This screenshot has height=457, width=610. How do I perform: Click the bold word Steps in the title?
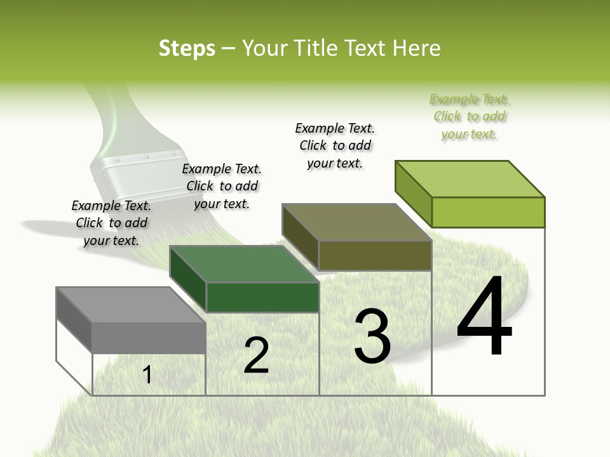186,48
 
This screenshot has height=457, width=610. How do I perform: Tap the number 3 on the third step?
372,336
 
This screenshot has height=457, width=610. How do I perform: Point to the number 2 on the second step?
256,355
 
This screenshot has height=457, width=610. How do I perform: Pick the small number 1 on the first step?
147,374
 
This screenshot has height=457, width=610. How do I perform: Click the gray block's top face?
130,305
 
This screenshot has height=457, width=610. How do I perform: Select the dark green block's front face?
262,297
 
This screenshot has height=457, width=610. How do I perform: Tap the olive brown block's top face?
356,222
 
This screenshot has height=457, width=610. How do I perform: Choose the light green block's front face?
488,212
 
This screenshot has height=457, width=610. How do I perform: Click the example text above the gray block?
111,223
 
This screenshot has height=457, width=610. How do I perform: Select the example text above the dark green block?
222,186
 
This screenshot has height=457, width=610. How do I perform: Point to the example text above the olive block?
335,145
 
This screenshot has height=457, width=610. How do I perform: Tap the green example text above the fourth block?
470,116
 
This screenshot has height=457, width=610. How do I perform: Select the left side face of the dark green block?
187,279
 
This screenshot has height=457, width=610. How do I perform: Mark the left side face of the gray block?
74,321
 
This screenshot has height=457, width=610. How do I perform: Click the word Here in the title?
417,48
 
